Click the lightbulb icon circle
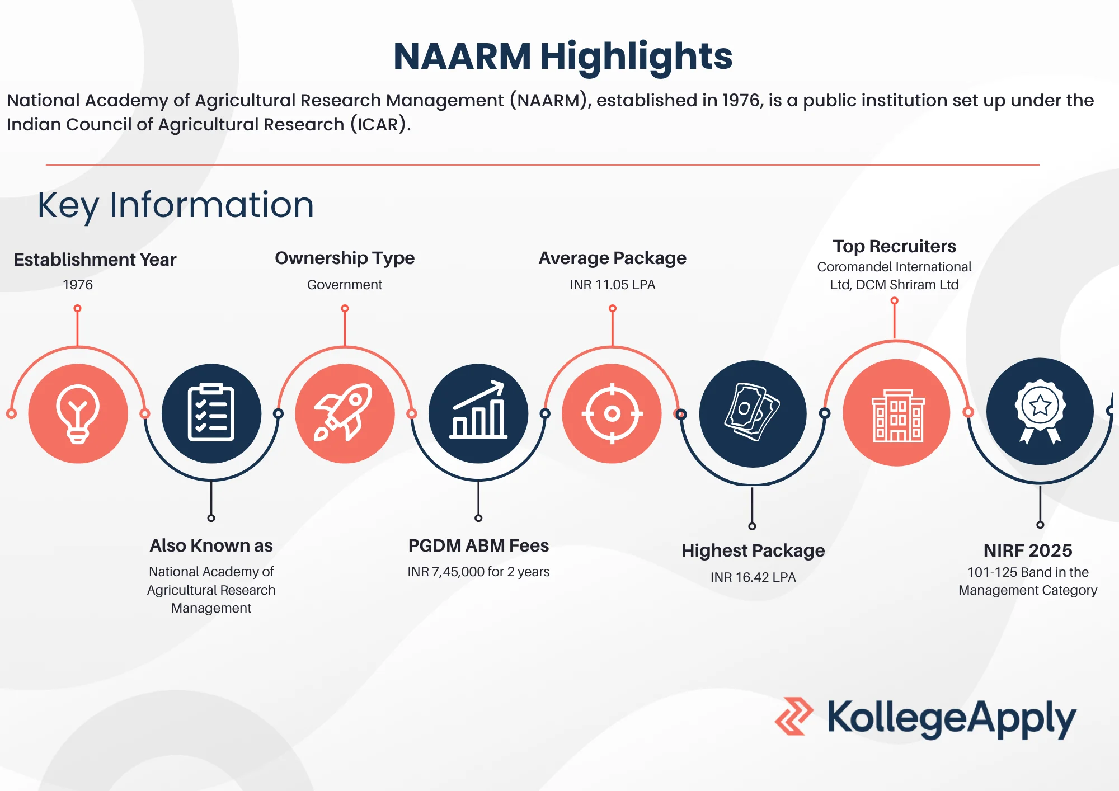[78, 413]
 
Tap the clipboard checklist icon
[211, 413]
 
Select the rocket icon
[345, 413]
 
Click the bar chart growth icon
[478, 413]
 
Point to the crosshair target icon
[612, 413]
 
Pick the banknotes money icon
[753, 414]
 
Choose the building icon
[897, 413]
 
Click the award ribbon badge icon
[1040, 412]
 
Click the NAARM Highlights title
[563, 57]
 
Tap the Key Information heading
[176, 205]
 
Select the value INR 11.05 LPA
[613, 285]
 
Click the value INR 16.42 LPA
[753, 577]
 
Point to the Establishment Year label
[95, 260]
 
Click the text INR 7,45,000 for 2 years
[478, 572]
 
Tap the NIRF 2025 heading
[1028, 550]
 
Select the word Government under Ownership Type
[345, 285]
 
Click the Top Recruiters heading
[895, 246]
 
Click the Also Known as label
[211, 545]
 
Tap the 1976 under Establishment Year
[78, 285]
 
